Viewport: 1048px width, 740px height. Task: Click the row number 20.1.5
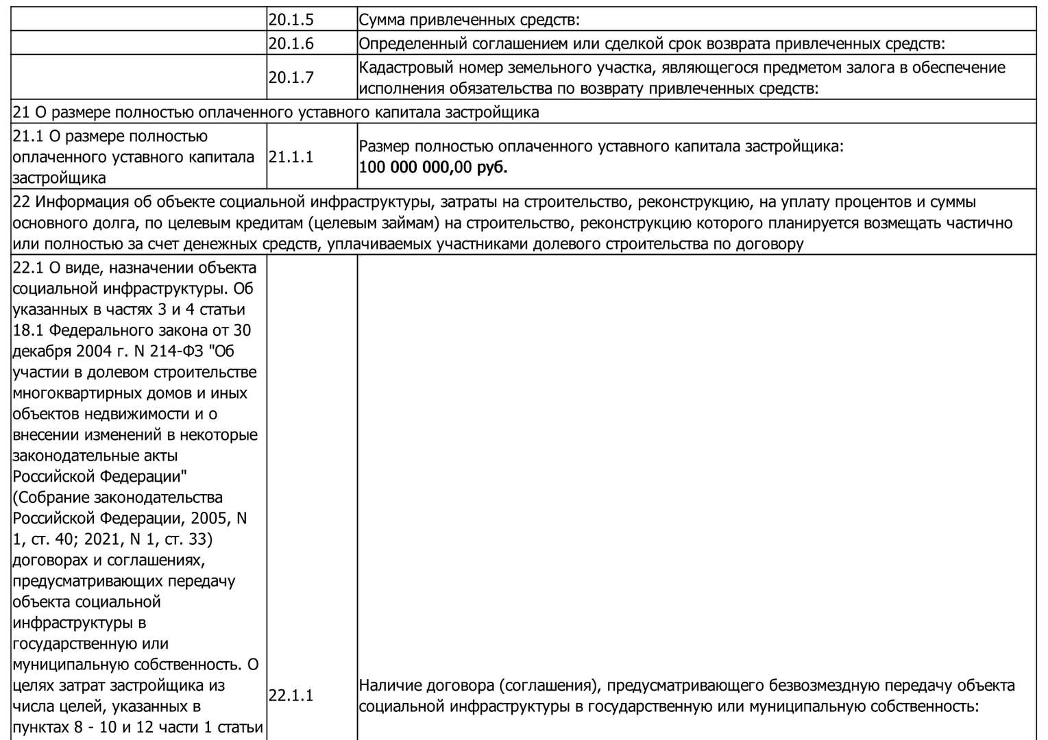[x=291, y=20]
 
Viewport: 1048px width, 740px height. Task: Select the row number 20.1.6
[x=291, y=44]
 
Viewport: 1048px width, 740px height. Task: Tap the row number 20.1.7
[x=291, y=77]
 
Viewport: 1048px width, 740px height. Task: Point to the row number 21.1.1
[x=291, y=157]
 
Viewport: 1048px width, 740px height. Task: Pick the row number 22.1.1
[x=291, y=696]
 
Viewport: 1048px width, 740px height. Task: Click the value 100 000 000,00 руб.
[x=433, y=167]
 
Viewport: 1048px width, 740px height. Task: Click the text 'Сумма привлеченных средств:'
[x=470, y=20]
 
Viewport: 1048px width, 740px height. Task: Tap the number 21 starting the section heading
[x=21, y=112]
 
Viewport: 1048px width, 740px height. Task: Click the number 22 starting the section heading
[x=21, y=202]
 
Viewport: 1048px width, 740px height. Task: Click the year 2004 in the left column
[x=101, y=351]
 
